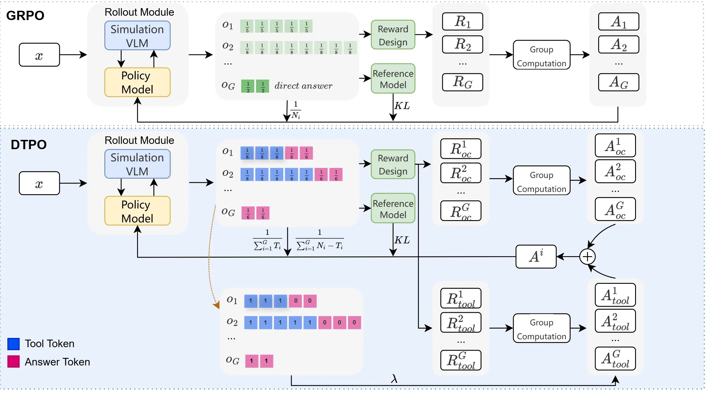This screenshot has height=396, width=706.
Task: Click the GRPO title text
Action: pyautogui.click(x=25, y=16)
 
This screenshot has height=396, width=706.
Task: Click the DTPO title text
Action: pyautogui.click(x=28, y=145)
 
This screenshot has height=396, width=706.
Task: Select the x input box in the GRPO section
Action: pyautogui.click(x=39, y=55)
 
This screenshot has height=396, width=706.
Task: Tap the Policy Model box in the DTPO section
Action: pyautogui.click(x=137, y=211)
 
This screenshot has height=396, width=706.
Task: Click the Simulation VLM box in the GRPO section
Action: pyautogui.click(x=137, y=36)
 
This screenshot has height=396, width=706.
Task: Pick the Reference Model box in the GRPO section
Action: pyautogui.click(x=393, y=79)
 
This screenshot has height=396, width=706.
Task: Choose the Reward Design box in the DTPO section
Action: pyautogui.click(x=393, y=165)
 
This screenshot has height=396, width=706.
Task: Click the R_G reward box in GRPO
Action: pyautogui.click(x=462, y=82)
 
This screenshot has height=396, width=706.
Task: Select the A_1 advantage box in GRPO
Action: pyautogui.click(x=618, y=22)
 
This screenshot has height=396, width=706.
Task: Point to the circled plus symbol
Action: pyautogui.click(x=587, y=257)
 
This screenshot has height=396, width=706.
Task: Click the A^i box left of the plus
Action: pyautogui.click(x=536, y=257)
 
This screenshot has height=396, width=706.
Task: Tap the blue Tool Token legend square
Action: pyautogui.click(x=13, y=344)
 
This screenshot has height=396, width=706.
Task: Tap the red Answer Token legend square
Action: pyautogui.click(x=13, y=362)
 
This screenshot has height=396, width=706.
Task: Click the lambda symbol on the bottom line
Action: pyautogui.click(x=394, y=379)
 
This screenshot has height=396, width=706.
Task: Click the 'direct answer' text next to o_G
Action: pyautogui.click(x=303, y=86)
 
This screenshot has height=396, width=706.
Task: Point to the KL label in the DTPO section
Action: pyautogui.click(x=402, y=240)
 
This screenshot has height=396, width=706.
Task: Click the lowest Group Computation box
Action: pyautogui.click(x=541, y=328)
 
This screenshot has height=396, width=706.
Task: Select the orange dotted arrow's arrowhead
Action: pyautogui.click(x=216, y=305)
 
